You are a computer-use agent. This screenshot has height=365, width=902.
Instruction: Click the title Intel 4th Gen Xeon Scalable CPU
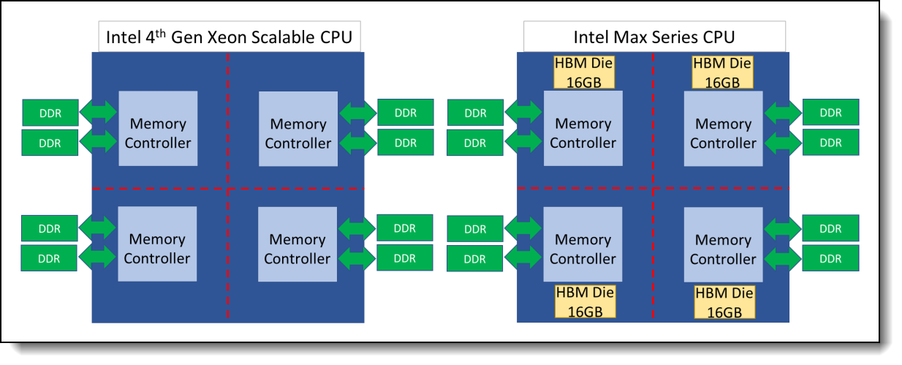pos(230,37)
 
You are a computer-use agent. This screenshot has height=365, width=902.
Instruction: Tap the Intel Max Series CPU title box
pos(654,37)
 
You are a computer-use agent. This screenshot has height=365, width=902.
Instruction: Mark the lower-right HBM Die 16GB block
pos(724,302)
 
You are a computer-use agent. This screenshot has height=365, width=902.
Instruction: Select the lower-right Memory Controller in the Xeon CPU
pos(297,249)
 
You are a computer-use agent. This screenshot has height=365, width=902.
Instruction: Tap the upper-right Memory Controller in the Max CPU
pos(723,133)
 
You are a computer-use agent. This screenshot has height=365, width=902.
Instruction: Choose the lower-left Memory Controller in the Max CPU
pos(583,249)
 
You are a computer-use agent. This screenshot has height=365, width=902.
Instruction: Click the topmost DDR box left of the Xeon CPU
pos(50,112)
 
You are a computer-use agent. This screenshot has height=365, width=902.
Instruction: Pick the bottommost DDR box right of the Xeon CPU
pos(404,257)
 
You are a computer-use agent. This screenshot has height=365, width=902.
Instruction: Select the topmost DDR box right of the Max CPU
pos(830,112)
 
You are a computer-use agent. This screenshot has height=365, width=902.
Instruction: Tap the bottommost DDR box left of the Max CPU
pos(475,258)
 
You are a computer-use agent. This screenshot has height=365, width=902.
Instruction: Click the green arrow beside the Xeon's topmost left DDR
pos(98,112)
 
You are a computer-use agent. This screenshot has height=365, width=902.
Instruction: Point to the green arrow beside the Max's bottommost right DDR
pos(783,257)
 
